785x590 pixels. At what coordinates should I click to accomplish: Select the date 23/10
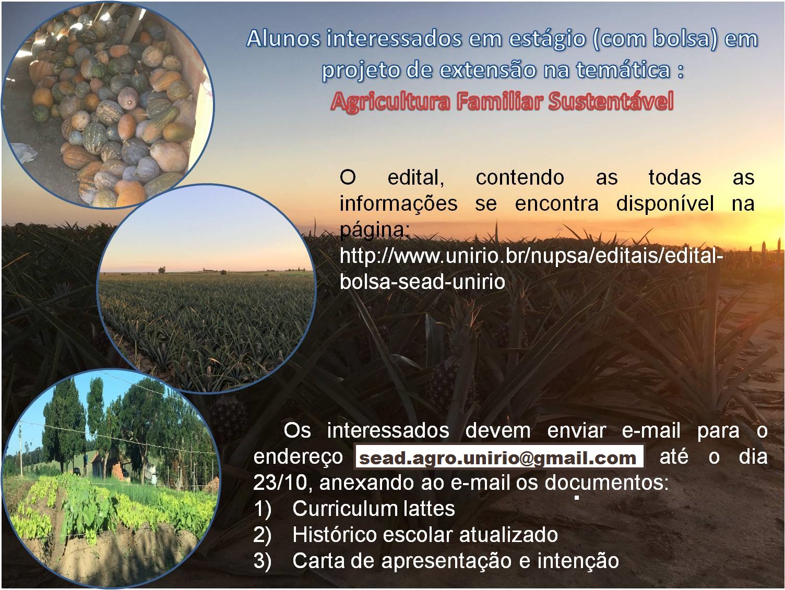(x=280, y=483)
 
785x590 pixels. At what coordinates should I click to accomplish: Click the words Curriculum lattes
(x=373, y=508)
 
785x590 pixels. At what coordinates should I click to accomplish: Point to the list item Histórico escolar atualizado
(x=425, y=535)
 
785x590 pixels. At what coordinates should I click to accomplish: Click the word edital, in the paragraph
(x=416, y=177)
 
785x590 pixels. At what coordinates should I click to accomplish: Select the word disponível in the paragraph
(x=665, y=203)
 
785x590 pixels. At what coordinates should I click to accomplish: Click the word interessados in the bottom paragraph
(x=388, y=430)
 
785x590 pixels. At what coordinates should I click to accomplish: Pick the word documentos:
(x=606, y=483)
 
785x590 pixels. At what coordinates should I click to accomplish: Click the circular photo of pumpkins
(x=108, y=105)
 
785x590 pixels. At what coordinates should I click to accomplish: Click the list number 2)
(x=263, y=535)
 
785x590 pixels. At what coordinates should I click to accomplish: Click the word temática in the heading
(x=623, y=69)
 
